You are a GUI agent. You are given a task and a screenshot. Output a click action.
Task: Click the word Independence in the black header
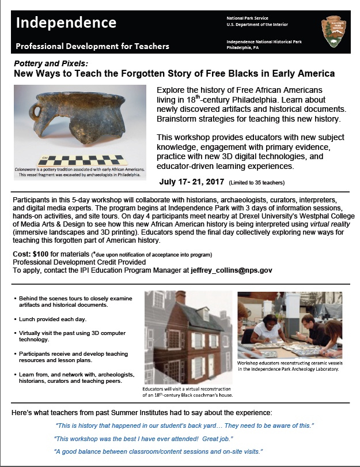[x=66, y=23]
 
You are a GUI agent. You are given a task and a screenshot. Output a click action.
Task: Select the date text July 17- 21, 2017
[x=192, y=182]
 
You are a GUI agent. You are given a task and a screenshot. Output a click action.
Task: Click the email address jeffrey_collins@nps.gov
[x=232, y=270]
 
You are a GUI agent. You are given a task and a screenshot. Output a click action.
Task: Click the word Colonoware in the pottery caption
[x=31, y=169]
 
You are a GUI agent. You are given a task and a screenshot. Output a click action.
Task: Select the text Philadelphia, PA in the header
[x=246, y=48]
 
